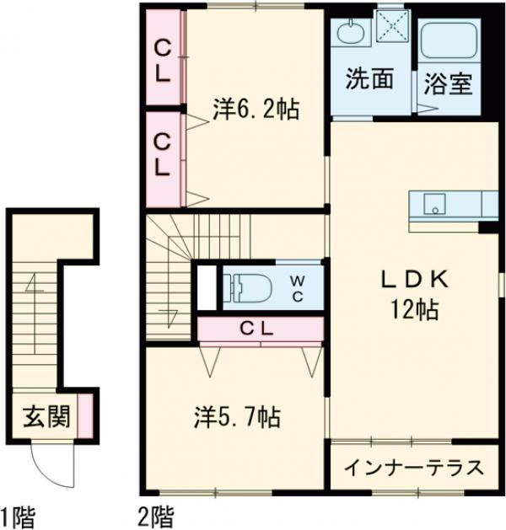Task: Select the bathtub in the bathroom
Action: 449,41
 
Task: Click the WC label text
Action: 299,287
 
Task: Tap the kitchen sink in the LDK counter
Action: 433,204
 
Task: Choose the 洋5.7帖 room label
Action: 238,415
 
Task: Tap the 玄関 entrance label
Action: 44,416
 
